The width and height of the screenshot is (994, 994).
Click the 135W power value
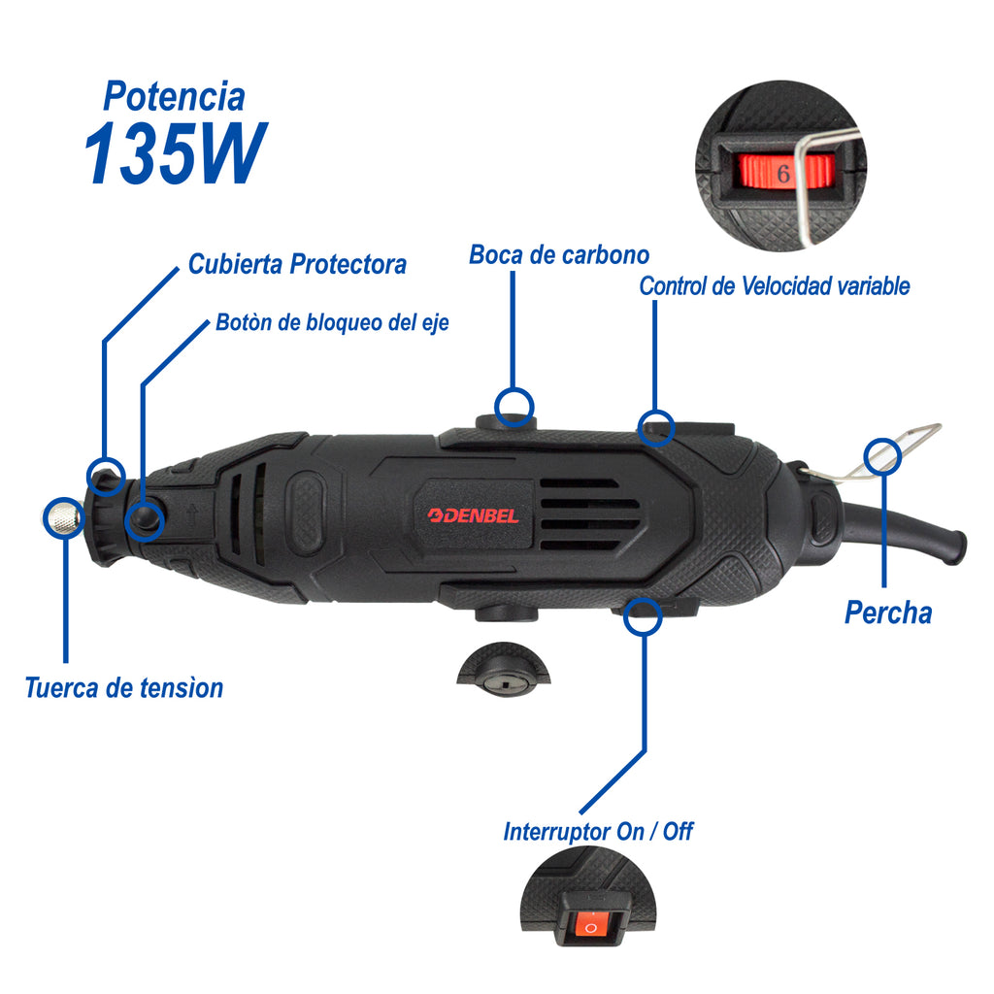(x=175, y=153)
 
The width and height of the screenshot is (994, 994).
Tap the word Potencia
(x=175, y=96)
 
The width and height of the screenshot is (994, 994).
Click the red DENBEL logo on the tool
(x=473, y=515)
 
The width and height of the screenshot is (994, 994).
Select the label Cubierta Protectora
(x=297, y=264)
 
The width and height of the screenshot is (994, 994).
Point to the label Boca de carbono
(x=559, y=255)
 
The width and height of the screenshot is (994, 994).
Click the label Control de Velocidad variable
(x=775, y=286)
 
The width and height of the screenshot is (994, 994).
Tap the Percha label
(x=888, y=613)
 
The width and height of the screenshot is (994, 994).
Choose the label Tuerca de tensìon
(x=124, y=688)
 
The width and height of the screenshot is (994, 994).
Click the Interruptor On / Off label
(x=598, y=832)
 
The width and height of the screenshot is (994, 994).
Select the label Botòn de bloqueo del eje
(x=332, y=322)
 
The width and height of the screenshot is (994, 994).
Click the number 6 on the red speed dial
(x=783, y=173)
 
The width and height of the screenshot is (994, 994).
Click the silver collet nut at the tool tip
(x=62, y=516)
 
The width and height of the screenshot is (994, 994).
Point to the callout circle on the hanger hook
(x=882, y=456)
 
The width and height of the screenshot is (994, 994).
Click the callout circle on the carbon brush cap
(x=514, y=407)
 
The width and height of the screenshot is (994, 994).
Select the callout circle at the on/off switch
(x=643, y=616)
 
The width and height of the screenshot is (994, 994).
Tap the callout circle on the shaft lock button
(x=145, y=521)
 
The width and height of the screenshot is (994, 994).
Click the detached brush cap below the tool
(x=504, y=670)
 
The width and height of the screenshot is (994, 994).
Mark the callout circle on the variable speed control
(x=655, y=428)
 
